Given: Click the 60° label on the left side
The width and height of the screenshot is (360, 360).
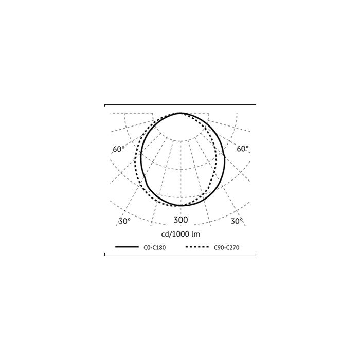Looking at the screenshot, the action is [118, 149].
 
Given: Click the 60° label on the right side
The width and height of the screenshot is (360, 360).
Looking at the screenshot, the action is [242, 149].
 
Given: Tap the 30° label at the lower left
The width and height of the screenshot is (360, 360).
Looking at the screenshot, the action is [124, 221].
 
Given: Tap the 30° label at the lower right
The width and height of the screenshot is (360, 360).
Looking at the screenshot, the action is [237, 221].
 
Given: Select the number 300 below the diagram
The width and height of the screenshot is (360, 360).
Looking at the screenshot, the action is [181, 220].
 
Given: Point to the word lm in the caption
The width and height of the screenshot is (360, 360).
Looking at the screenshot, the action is [196, 234].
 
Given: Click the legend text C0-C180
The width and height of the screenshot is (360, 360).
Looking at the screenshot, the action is [154, 247].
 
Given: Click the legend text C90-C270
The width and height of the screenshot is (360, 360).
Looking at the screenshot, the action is [227, 247].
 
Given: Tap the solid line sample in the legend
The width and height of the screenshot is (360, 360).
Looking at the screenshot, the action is [127, 247].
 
